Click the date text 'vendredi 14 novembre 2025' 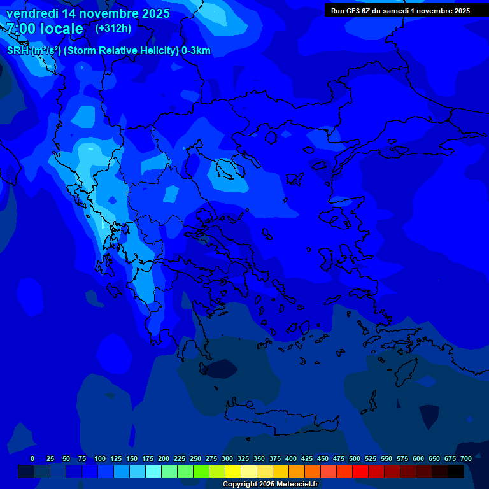pyautogui.click(x=88, y=13)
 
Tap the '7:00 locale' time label pyautogui.click(x=45, y=29)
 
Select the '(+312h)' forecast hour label pyautogui.click(x=114, y=29)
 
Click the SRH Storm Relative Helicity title pyautogui.click(x=109, y=51)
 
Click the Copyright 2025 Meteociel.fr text pyautogui.click(x=270, y=485)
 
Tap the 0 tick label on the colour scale pyautogui.click(x=32, y=458)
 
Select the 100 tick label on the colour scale pyautogui.click(x=100, y=458)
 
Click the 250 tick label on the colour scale pyautogui.click(x=195, y=458)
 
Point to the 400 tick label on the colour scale pyautogui.click(x=291, y=458)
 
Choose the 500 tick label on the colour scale pyautogui.click(x=355, y=458)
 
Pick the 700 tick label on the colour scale pyautogui.click(x=465, y=458)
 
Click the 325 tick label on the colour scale pyautogui.click(x=243, y=458)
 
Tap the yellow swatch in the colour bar pyautogui.click(x=233, y=471)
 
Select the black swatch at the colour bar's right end pyautogui.click(x=456, y=471)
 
